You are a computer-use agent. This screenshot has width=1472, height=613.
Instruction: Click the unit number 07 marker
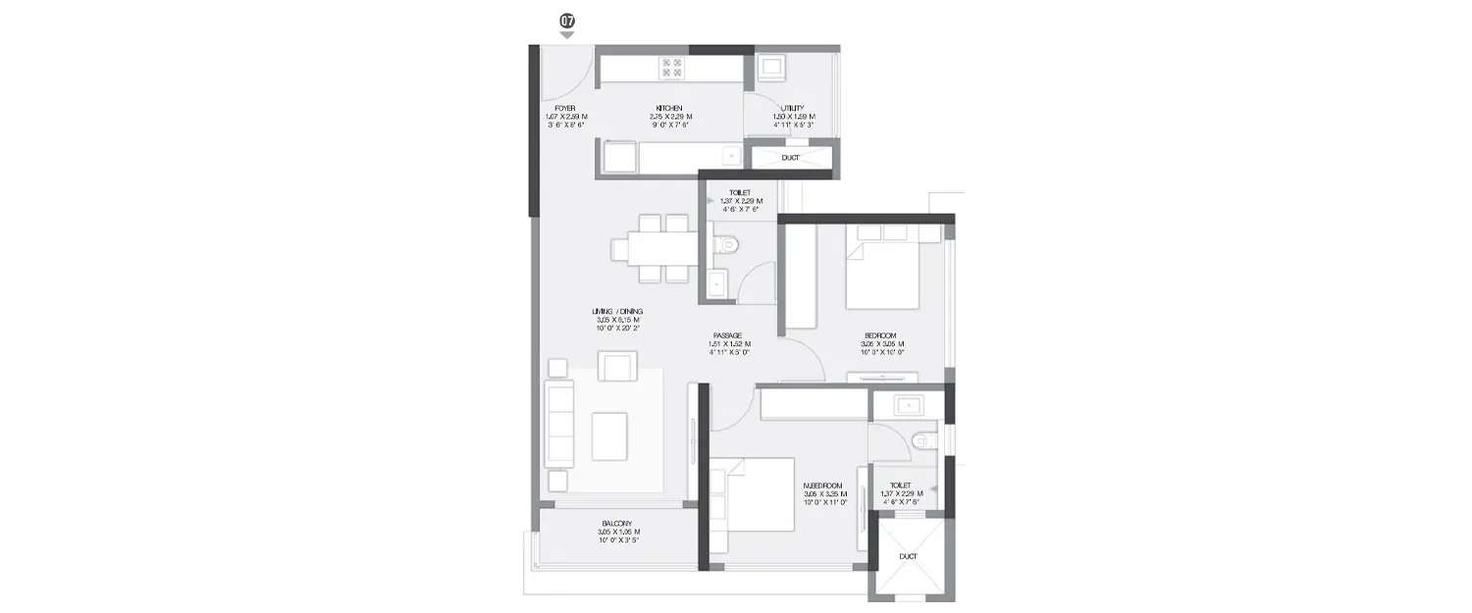coord(566,21)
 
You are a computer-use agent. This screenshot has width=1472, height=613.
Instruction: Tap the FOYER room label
coord(565,108)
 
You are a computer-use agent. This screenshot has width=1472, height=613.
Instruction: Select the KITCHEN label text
coord(669,108)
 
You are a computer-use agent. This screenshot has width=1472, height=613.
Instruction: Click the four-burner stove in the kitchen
coord(672,67)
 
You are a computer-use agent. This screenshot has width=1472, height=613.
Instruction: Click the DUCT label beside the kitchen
coord(790,157)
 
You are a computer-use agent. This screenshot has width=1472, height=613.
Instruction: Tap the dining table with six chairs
coord(650,249)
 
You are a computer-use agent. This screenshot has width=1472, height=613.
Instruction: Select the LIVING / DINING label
coord(617,311)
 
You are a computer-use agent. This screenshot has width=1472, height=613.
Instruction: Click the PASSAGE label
coord(727,335)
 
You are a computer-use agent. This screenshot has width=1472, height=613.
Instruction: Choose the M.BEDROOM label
coord(822,485)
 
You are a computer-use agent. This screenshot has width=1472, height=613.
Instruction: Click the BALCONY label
coord(617,524)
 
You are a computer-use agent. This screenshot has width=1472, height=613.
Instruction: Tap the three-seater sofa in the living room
coord(558,425)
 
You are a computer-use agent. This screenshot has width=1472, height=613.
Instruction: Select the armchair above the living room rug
coord(618,366)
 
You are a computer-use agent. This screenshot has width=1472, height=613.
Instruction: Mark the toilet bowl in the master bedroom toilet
coord(920,441)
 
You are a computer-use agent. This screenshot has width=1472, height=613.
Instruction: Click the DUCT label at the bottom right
coord(908,556)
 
